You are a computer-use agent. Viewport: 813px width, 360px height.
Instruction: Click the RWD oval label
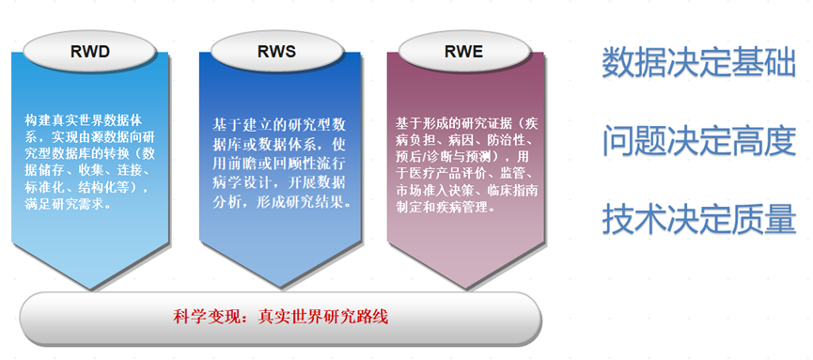[90, 53]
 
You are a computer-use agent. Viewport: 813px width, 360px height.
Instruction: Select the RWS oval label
[276, 53]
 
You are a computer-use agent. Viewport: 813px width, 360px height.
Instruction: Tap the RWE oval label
[464, 53]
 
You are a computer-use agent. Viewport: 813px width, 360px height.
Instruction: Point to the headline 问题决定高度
[698, 141]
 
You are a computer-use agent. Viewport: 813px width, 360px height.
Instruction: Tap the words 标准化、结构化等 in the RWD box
[86, 187]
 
